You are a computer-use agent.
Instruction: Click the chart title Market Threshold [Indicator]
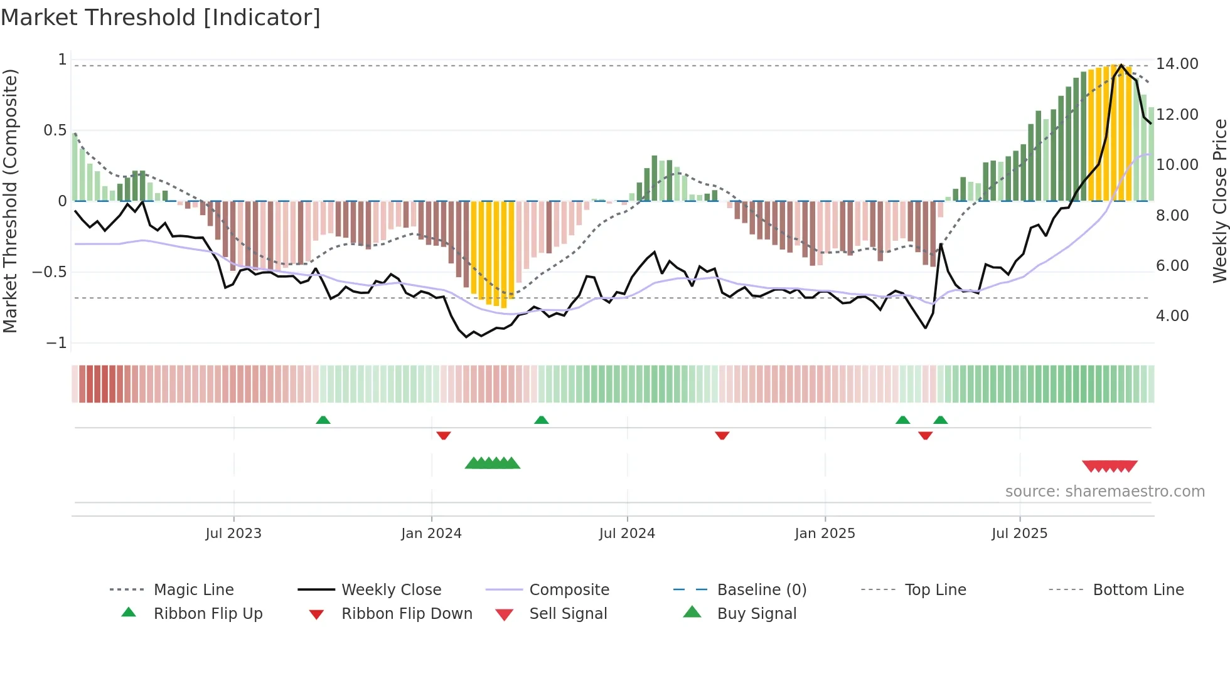tap(161, 18)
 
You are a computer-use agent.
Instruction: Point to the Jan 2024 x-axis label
tap(431, 534)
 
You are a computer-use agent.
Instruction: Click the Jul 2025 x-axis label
tap(1019, 534)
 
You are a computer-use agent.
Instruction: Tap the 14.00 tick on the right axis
tap(1177, 64)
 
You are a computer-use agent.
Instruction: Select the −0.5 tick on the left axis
tap(50, 272)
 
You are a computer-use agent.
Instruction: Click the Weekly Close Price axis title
tap(1219, 201)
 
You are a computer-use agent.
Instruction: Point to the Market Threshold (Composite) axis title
tap(10, 201)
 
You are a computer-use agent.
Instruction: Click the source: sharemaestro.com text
tap(1104, 492)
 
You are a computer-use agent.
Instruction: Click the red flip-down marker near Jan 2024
tap(444, 435)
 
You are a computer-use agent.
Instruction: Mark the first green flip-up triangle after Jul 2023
tap(323, 420)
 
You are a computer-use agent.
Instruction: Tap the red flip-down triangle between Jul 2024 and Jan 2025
tap(722, 435)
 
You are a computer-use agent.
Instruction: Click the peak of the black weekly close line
tap(1121, 65)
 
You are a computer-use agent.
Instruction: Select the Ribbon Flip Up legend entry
tap(208, 614)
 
